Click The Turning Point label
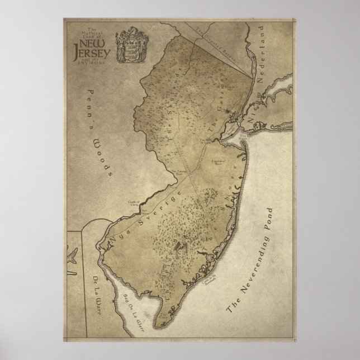176,172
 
